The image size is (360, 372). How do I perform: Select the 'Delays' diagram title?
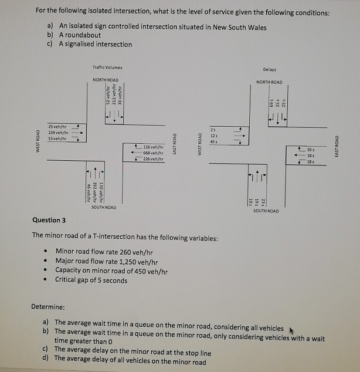[269, 69]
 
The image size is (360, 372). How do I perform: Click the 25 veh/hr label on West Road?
[57, 126]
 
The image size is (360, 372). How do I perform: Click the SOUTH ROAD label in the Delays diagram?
[266, 210]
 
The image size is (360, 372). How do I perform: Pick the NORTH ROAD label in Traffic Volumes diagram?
[106, 80]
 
